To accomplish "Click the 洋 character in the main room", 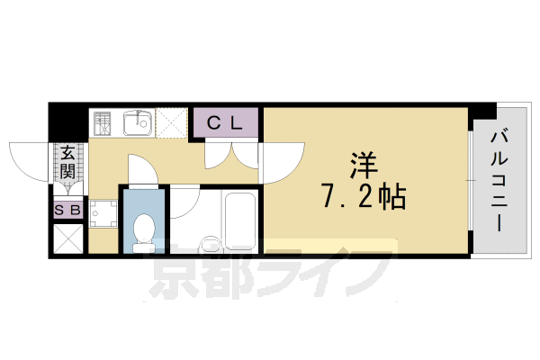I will click(x=363, y=165).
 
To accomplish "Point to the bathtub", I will click(x=239, y=220).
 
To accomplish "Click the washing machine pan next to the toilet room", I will click(x=104, y=213).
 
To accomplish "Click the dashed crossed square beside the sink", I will click(x=174, y=123).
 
